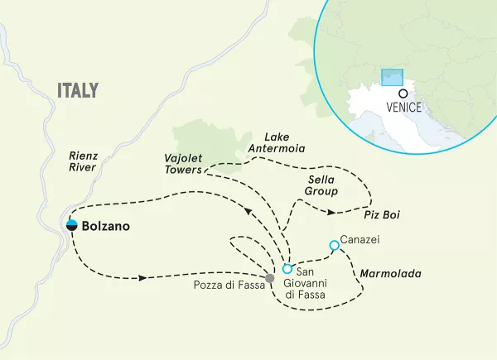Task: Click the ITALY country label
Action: pyautogui.click(x=76, y=90)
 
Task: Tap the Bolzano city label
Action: pyautogui.click(x=105, y=226)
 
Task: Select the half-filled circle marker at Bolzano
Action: pyautogui.click(x=72, y=225)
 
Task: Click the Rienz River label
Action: pyautogui.click(x=81, y=160)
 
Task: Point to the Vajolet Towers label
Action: pyautogui.click(x=179, y=163)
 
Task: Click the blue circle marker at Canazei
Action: pyautogui.click(x=334, y=244)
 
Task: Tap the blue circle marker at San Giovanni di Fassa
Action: pyautogui.click(x=287, y=269)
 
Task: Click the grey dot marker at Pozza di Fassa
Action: pyautogui.click(x=268, y=278)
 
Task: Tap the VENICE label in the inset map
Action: pyautogui.click(x=404, y=108)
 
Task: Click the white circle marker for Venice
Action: pyautogui.click(x=403, y=94)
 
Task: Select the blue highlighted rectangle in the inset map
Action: pyautogui.click(x=391, y=77)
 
